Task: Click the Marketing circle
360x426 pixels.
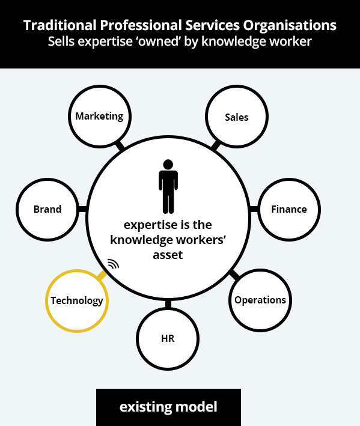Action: (x=100, y=117)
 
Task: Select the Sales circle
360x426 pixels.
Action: (x=237, y=117)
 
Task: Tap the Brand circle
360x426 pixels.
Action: (x=47, y=210)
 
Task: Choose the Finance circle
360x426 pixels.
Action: (x=289, y=210)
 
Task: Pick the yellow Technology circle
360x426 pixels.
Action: (x=77, y=301)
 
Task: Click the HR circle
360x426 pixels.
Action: (x=168, y=339)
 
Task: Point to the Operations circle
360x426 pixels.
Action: (x=260, y=300)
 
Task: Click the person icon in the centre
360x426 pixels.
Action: (x=168, y=186)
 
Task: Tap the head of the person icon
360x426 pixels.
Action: (x=168, y=165)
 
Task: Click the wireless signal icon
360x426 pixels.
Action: (x=114, y=264)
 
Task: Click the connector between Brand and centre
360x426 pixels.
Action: (x=82, y=209)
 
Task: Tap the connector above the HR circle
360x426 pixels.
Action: (x=168, y=304)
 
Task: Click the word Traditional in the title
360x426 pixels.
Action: (x=60, y=25)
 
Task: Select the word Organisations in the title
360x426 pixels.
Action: (x=290, y=26)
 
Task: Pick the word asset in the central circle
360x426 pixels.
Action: (x=168, y=255)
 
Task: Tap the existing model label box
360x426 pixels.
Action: (x=168, y=407)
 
